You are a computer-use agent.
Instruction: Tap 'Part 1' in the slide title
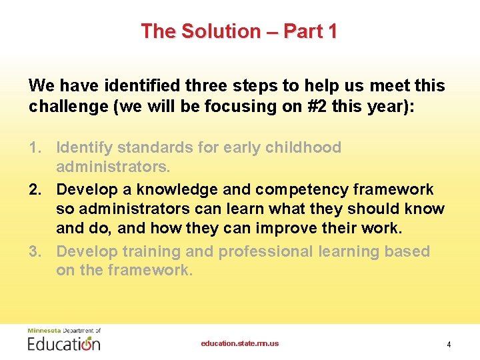point(310,31)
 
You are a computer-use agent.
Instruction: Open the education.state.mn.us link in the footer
point(240,344)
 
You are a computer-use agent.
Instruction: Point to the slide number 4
point(449,345)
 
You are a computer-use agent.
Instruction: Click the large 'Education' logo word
point(64,343)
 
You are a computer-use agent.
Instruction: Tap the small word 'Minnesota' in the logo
point(43,331)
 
